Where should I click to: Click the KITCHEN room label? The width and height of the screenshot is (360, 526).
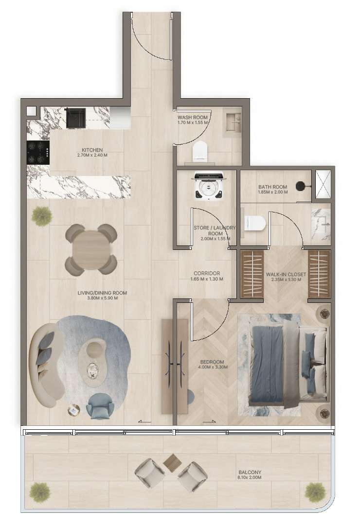tap(92, 150)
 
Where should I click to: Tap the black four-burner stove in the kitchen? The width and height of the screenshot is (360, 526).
tap(38, 152)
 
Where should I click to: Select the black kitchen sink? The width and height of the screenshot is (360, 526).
tap(75, 118)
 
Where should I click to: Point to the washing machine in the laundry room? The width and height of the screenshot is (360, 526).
tap(209, 186)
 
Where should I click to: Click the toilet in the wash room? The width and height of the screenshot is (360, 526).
tap(200, 151)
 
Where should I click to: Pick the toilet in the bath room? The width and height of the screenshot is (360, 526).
tap(255, 224)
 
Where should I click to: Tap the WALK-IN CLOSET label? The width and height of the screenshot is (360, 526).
tap(286, 274)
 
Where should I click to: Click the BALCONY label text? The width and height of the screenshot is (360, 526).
tap(249, 473)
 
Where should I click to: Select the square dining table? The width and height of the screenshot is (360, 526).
tap(91, 250)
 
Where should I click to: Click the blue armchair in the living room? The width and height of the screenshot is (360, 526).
tap(100, 406)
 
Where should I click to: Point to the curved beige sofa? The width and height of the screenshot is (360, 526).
tap(47, 365)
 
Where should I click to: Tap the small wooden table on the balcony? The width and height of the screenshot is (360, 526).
tap(172, 463)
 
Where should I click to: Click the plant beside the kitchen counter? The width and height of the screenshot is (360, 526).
tap(42, 216)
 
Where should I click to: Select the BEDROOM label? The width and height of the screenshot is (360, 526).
tap(212, 362)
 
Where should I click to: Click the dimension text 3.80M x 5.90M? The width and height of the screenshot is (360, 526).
tap(102, 298)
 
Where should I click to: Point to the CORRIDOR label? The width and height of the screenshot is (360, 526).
tap(207, 273)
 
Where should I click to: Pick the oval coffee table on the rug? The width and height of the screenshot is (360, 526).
tap(92, 362)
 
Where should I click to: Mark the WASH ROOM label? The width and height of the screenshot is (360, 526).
tap(193, 118)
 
